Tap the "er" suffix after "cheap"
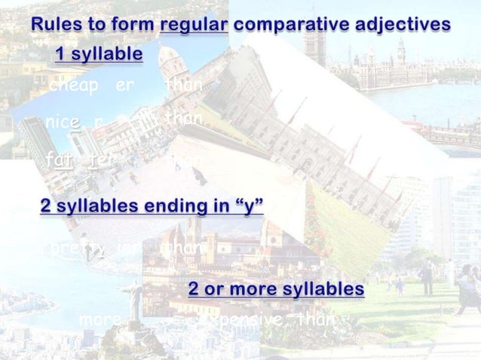pos(124,87)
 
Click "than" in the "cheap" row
pos(182,87)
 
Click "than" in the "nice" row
pos(182,120)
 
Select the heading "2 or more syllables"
pos(276,290)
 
